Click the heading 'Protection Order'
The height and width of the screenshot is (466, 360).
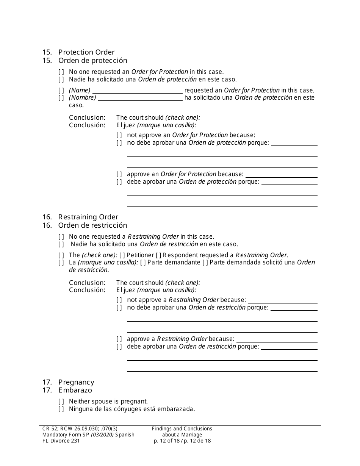[x=86, y=52]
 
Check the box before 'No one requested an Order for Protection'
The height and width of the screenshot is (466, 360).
[x=61, y=72]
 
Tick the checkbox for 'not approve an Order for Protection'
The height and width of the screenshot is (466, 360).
[x=119, y=135]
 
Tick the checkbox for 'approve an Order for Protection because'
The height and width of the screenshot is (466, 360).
[x=119, y=174]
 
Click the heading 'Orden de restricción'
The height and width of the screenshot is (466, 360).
[x=92, y=225]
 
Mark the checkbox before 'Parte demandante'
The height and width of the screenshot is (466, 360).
[x=142, y=263]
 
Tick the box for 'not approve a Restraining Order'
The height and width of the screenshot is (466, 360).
[x=119, y=300]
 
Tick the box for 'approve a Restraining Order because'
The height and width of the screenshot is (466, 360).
[x=119, y=339]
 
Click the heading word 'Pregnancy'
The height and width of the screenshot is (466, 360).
[x=76, y=382]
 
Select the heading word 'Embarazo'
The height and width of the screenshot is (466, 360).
[x=75, y=390]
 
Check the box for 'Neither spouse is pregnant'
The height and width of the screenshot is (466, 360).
[x=61, y=401]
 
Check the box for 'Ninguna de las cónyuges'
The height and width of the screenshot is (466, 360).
[x=61, y=409]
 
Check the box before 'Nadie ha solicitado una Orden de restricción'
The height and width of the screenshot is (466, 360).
[x=61, y=244]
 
